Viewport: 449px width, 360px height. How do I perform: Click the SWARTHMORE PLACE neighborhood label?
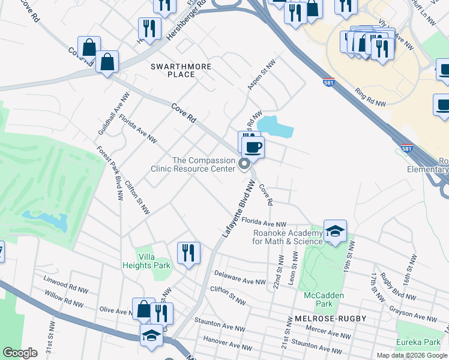point(173,70)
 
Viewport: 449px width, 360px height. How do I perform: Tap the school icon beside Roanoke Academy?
point(335,232)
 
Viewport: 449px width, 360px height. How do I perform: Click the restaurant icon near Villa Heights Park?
point(188,253)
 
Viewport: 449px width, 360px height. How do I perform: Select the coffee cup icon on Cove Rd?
point(253,148)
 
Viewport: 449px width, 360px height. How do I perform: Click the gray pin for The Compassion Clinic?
point(245,164)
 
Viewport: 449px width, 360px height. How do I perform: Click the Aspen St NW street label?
point(261,75)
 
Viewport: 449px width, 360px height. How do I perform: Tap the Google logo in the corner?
point(20,353)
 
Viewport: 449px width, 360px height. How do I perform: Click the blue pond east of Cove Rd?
point(275,126)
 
